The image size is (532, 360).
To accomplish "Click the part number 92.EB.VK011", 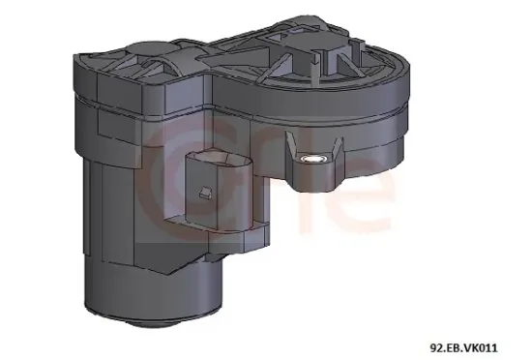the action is tap(463, 348).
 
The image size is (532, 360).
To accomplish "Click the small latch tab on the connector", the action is tap(205, 193).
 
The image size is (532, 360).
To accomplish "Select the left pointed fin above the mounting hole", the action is tap(291, 144).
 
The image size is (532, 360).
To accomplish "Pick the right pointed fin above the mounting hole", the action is tap(337, 146).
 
